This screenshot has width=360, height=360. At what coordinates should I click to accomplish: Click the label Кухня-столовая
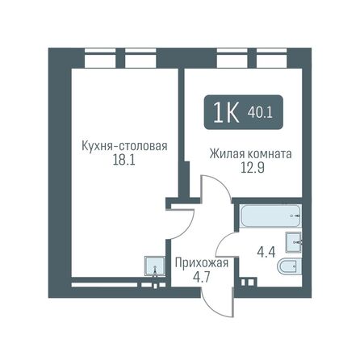click(123, 146)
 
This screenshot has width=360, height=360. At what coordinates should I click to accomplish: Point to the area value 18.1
click(123, 161)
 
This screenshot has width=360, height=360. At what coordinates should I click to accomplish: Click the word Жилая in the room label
click(227, 153)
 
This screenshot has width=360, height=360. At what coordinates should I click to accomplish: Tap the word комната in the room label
click(268, 153)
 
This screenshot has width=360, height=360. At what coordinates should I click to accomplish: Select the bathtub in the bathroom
click(270, 216)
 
